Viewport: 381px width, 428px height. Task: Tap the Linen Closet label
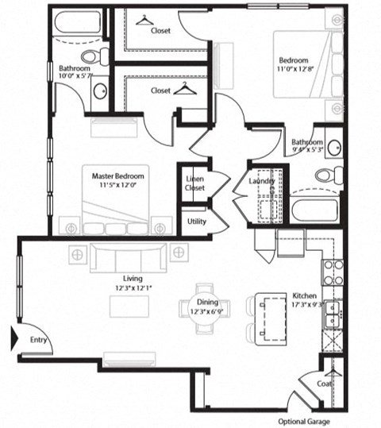tap(194, 183)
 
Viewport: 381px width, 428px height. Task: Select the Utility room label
tap(195, 221)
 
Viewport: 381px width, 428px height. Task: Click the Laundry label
tap(261, 181)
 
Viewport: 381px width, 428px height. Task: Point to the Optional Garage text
tap(302, 421)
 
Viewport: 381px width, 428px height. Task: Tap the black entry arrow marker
tap(13, 339)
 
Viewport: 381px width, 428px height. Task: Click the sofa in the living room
tap(128, 256)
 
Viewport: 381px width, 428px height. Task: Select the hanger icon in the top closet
tap(144, 20)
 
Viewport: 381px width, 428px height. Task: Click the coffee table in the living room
tap(130, 306)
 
